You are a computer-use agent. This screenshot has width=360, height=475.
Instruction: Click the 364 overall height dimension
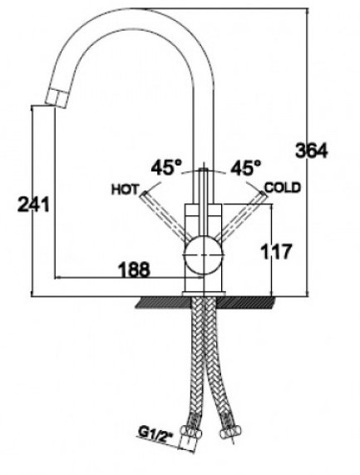(312, 151)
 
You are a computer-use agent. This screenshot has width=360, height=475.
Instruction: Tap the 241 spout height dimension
(33, 204)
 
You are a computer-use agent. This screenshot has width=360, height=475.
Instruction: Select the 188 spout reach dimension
(134, 269)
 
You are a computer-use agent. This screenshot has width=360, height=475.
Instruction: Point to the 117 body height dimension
(276, 251)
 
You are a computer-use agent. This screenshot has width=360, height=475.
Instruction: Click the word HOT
(125, 190)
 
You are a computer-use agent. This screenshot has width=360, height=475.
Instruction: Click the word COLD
(283, 187)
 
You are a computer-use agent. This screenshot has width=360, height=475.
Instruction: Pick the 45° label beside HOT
(167, 167)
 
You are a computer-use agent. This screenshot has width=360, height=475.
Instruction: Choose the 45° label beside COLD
(245, 167)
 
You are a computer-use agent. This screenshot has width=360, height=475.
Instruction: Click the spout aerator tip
(57, 98)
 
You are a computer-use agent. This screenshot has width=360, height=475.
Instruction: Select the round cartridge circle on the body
(204, 255)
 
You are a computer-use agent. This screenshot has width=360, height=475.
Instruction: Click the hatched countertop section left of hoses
(164, 302)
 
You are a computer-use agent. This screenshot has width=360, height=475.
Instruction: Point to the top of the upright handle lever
(204, 168)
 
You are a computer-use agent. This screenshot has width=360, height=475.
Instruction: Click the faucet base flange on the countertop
(204, 294)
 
